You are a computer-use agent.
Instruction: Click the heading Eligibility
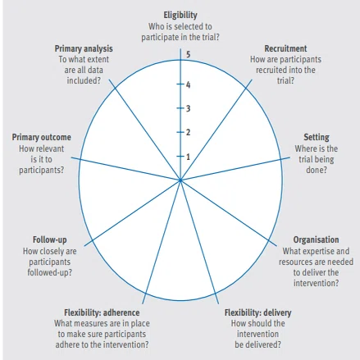[180, 16]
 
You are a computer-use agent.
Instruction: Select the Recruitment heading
[285, 48]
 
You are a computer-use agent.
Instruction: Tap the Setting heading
[317, 137]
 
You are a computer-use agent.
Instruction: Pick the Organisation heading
[316, 239]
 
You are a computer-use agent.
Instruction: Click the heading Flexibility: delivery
[257, 312]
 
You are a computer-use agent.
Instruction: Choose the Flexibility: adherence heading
[102, 312]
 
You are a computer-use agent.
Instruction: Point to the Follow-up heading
[49, 239]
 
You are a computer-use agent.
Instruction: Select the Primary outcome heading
[41, 137]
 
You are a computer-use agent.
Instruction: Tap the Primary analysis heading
[84, 48]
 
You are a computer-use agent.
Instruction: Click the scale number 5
[188, 54]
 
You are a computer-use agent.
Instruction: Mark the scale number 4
[188, 84]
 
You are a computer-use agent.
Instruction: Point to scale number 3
[188, 108]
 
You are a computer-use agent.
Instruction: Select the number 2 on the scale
[188, 132]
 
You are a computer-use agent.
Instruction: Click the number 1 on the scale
[188, 157]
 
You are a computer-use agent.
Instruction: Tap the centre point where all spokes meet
[180, 180]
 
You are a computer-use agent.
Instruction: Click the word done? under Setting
[317, 170]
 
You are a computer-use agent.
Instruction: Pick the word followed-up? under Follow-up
[49, 272]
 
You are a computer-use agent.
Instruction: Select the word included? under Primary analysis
[84, 80]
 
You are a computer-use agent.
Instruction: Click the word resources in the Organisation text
[294, 262]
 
